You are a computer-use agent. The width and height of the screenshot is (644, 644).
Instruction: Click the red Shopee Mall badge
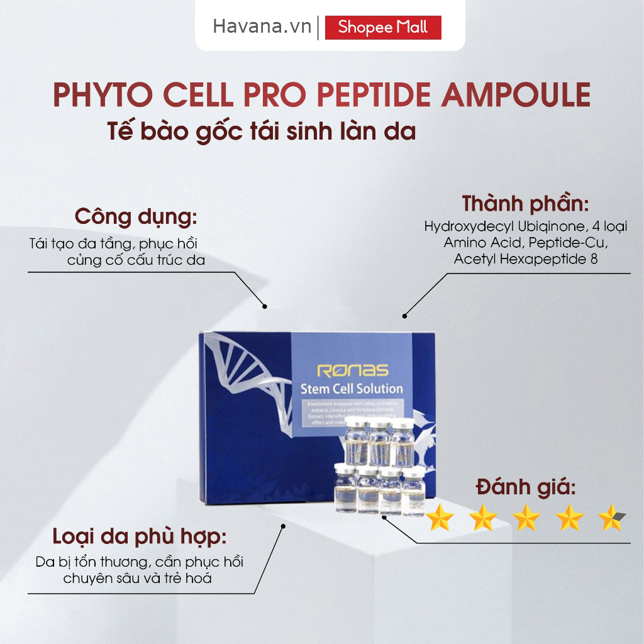pos(383,28)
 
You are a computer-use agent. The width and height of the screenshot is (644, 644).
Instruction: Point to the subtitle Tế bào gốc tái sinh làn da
pos(262,133)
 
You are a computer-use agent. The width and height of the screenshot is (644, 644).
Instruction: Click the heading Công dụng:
pos(136,216)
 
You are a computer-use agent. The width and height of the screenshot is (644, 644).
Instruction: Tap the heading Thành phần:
pos(526,204)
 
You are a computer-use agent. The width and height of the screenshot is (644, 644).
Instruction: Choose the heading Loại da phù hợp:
pos(140,538)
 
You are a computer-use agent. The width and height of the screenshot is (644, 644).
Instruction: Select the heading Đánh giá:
pos(526,487)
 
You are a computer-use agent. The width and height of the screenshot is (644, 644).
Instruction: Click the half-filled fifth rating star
pos(612,518)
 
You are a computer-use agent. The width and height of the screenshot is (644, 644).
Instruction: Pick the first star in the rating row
pos(440,518)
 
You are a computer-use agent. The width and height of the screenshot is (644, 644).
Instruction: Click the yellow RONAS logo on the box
pos(352,370)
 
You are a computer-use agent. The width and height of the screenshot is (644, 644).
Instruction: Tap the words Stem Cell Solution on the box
pos(352,388)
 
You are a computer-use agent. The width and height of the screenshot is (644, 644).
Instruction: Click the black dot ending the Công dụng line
pos(265,307)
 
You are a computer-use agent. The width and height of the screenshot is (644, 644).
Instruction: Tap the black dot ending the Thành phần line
pos(404,316)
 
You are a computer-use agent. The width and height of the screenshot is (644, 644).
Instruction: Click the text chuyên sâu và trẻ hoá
pos(137,578)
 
